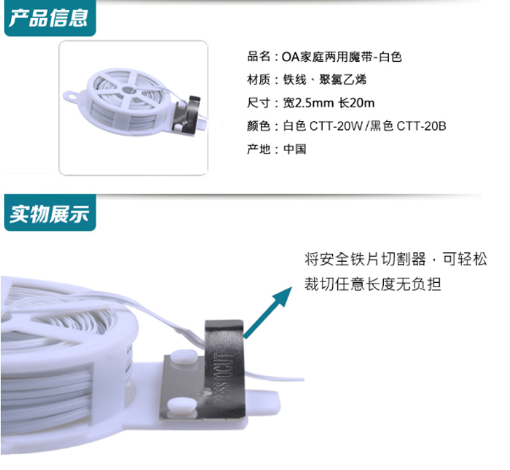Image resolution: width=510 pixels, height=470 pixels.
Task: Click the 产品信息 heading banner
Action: tap(50, 18)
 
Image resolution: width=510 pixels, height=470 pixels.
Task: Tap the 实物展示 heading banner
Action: tap(50, 213)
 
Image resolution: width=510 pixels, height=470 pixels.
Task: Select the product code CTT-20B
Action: tap(421, 126)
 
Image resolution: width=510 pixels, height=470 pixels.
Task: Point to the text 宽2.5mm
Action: tap(309, 103)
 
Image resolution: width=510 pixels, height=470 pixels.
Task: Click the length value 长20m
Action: tap(356, 103)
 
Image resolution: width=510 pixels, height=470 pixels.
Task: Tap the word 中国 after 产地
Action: tap(295, 149)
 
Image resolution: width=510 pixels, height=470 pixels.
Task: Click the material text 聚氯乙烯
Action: tap(343, 80)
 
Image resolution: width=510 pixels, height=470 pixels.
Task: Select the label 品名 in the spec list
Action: tap(259, 57)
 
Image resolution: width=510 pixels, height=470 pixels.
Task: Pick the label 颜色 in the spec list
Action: tap(259, 126)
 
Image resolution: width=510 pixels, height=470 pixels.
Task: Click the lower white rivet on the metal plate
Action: tap(182, 406)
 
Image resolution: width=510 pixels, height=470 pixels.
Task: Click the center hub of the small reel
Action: tap(127, 90)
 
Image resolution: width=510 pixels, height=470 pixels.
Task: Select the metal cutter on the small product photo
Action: tap(187, 115)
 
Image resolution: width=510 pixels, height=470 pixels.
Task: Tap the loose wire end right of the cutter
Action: tap(275, 377)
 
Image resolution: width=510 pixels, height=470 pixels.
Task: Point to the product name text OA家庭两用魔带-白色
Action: tap(342, 57)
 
